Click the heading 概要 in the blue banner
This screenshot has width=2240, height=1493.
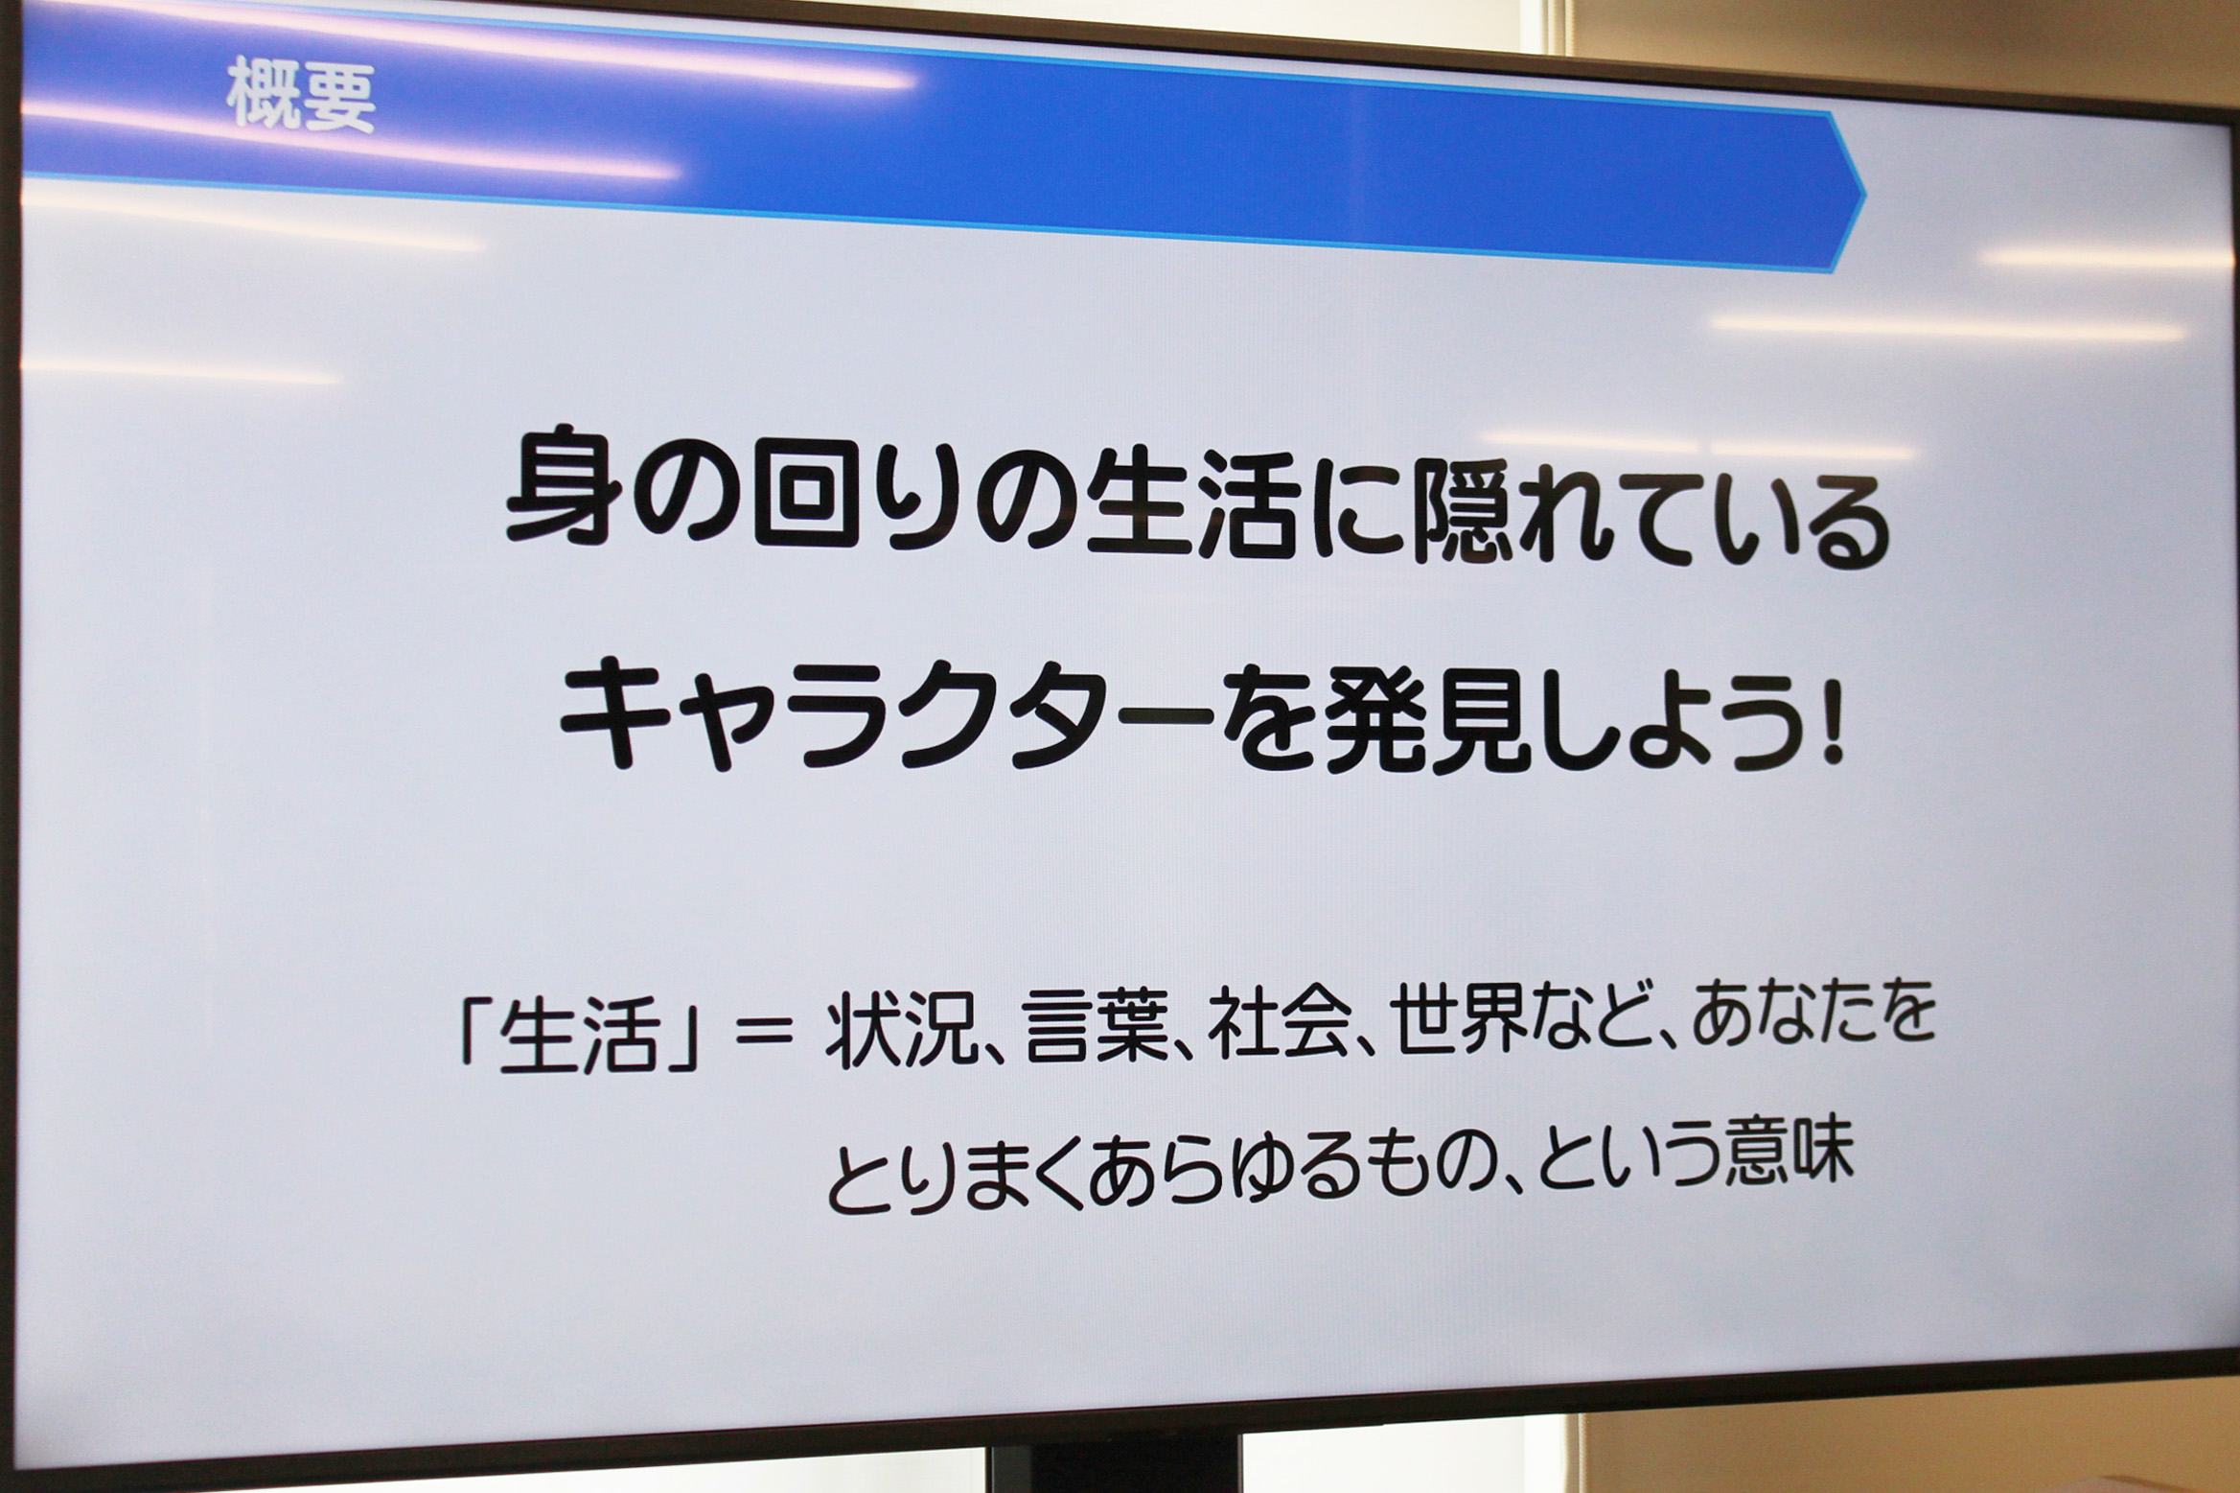(x=301, y=96)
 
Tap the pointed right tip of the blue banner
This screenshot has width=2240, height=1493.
(x=1864, y=195)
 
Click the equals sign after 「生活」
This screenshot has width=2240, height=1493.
(x=762, y=1033)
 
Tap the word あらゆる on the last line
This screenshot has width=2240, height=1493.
(x=1226, y=1171)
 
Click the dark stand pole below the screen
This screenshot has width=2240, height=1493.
(x=1116, y=1464)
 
